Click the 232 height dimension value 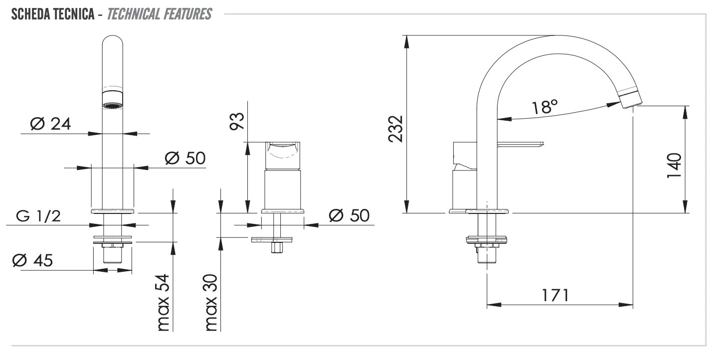(396, 129)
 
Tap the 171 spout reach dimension (555, 295)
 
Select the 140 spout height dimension (674, 165)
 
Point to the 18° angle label (544, 107)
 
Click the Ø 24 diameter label (50, 124)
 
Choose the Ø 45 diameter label (32, 260)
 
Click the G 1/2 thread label (38, 216)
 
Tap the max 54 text (163, 302)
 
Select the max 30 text (211, 302)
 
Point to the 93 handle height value (237, 121)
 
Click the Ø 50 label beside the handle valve (349, 215)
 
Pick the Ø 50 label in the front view (185, 158)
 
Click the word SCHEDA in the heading (28, 14)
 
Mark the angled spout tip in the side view (630, 100)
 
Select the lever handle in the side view (520, 145)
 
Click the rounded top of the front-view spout (113, 40)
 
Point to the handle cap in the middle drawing (283, 156)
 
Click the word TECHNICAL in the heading (134, 14)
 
